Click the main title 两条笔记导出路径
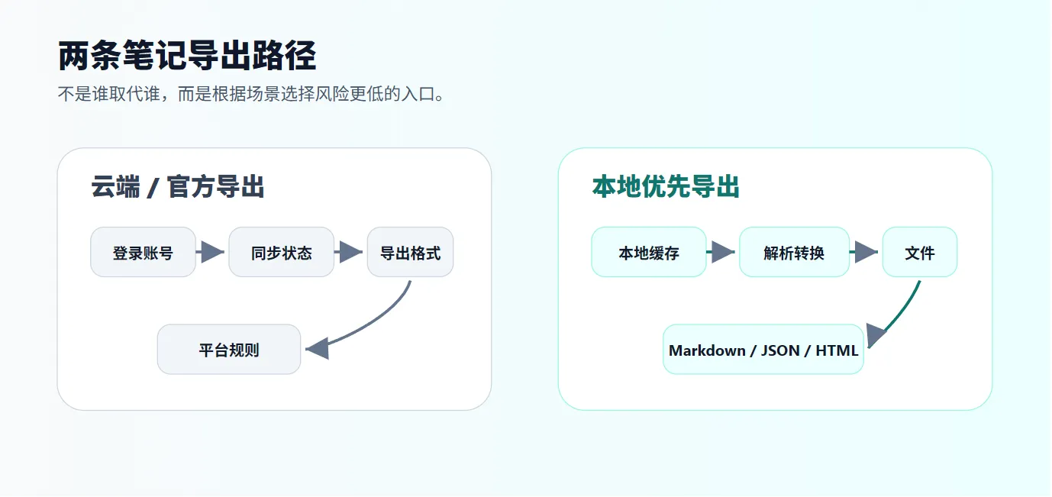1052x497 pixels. coord(187,56)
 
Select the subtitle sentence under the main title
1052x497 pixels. coord(251,94)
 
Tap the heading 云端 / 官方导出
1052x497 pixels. coord(178,187)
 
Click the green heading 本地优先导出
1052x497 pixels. coord(666,187)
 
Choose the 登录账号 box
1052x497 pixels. coord(143,252)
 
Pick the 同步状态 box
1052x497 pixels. coord(281,252)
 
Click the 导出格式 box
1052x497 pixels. coord(410,252)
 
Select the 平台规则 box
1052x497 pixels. coord(229,350)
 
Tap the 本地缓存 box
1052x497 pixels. coord(649,252)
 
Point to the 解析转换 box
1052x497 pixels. coord(794,252)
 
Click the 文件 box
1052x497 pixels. coord(920,252)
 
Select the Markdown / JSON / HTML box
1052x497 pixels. coord(763,350)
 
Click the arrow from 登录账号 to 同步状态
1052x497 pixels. coord(210,252)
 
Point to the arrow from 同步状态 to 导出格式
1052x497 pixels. coord(348,252)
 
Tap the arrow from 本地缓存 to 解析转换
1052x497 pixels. coord(721,252)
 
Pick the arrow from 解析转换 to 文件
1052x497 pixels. coord(864,252)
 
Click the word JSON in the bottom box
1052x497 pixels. coord(780,350)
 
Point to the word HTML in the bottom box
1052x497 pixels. coord(837,350)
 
